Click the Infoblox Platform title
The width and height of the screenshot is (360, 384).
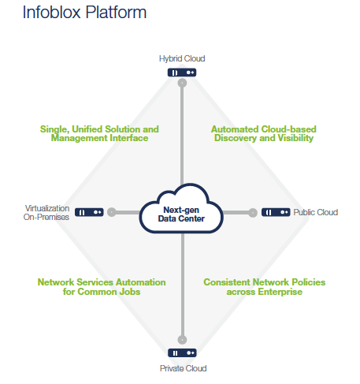pos(74,13)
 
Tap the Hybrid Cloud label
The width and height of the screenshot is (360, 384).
pos(182,59)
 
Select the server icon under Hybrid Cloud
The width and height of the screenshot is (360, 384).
pos(182,72)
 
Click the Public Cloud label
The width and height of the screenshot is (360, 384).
pos(315,212)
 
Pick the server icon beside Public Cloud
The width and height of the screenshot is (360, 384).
pos(276,212)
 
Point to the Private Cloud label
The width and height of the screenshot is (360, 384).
pos(182,367)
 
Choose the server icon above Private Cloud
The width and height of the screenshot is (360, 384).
pos(182,352)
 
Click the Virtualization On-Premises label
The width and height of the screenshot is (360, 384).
pos(47,212)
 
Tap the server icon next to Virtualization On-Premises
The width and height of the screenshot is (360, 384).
pos(89,212)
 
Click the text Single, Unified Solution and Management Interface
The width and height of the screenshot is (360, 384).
pos(99,133)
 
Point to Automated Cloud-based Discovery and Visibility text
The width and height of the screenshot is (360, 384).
pos(262,133)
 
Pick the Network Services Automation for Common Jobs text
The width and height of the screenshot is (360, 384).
pos(102,287)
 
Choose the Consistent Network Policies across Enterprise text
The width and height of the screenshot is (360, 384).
pos(264,287)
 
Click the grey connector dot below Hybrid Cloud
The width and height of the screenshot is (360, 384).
pos(182,82)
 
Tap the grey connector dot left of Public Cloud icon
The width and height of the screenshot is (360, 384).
pos(253,212)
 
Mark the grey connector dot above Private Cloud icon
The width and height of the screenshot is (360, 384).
pos(182,335)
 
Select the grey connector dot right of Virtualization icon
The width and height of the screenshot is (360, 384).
pos(112,212)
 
